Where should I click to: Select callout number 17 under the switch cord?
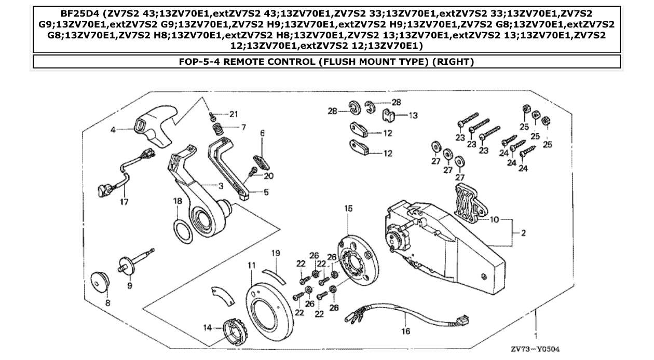click(x=124, y=201)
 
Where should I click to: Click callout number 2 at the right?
click(x=523, y=233)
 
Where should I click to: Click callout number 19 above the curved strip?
click(x=276, y=253)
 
